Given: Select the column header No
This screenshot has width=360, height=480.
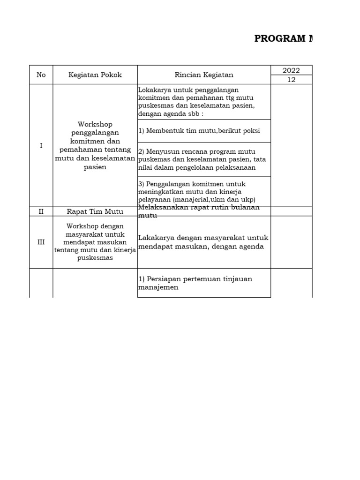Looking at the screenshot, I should pyautogui.click(x=41, y=75).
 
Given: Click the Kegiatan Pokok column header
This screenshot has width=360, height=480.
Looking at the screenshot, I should pyautogui.click(x=95, y=75).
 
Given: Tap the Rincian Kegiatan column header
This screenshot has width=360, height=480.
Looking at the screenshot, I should pyautogui.click(x=204, y=75).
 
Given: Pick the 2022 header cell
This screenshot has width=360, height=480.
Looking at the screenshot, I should pyautogui.click(x=291, y=70).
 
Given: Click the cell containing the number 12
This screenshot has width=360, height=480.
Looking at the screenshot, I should pyautogui.click(x=291, y=80).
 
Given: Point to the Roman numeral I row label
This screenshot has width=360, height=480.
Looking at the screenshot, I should pyautogui.click(x=41, y=146).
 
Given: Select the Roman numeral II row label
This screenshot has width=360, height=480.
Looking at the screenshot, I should pyautogui.click(x=41, y=211).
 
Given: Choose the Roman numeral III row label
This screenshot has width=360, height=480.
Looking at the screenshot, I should pyautogui.click(x=41, y=242).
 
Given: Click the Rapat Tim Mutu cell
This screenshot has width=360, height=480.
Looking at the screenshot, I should pyautogui.click(x=95, y=211).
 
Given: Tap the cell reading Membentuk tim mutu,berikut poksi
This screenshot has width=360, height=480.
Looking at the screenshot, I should pyautogui.click(x=199, y=131).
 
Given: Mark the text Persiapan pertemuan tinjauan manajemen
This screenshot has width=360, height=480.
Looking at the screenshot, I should pyautogui.click(x=195, y=283).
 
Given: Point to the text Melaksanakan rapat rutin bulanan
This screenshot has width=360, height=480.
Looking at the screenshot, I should pyautogui.click(x=199, y=208).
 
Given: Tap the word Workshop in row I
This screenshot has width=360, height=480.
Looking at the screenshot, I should pyautogui.click(x=95, y=124).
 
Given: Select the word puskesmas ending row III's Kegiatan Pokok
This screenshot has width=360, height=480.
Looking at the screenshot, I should pyautogui.click(x=95, y=258).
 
